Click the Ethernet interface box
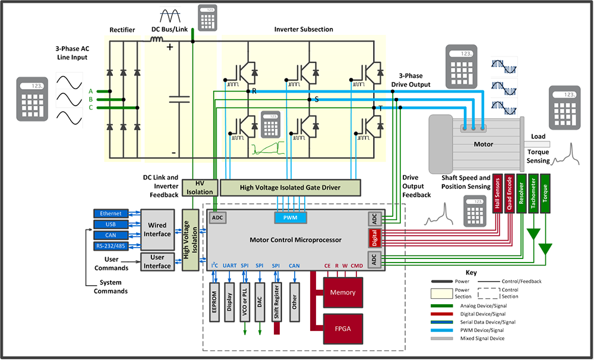point(110,213)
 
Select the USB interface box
point(110,224)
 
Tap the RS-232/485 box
point(110,246)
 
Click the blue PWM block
point(291,218)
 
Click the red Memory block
point(343,292)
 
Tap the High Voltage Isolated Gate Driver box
point(290,188)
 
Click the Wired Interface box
point(157,229)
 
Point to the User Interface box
point(157,261)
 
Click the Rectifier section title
point(122,30)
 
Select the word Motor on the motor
point(483,144)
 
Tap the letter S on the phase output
point(317,99)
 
